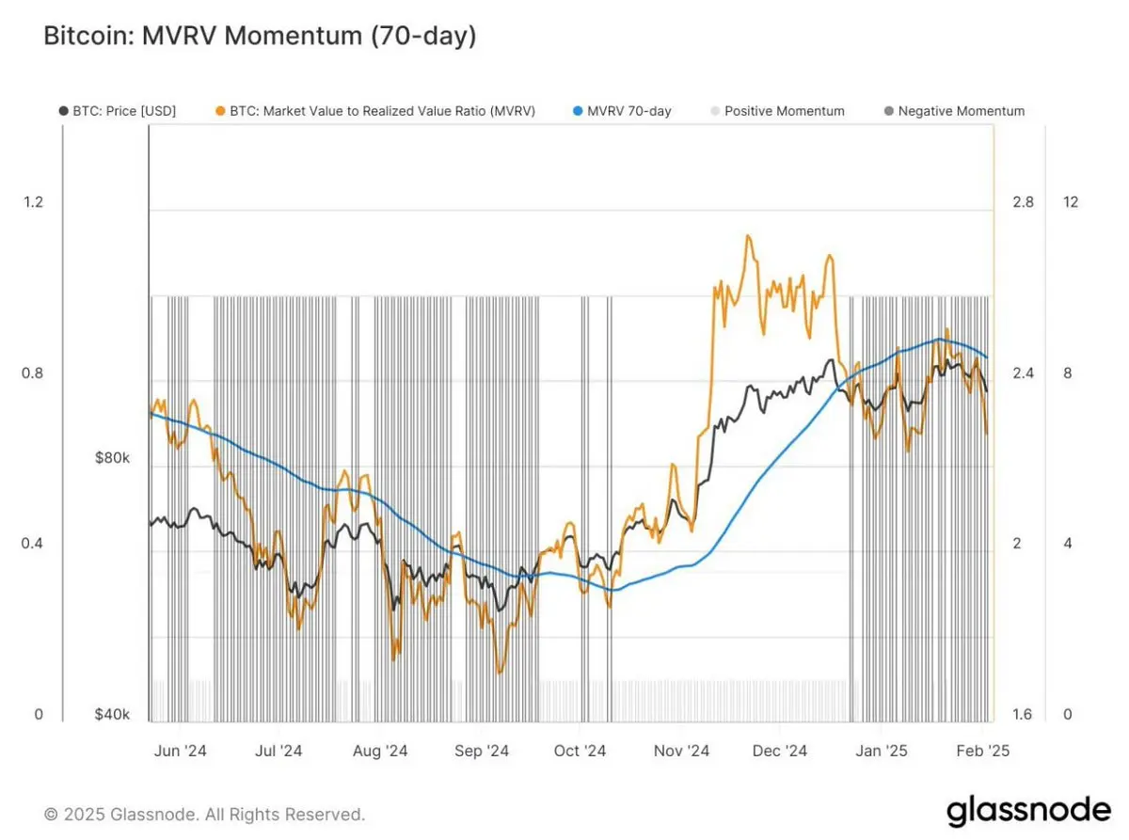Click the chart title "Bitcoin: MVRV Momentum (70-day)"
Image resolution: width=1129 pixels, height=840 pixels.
point(260,37)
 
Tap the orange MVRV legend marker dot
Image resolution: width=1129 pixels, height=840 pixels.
point(220,111)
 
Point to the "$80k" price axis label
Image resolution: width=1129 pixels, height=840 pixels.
point(113,458)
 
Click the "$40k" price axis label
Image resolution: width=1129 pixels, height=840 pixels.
point(113,715)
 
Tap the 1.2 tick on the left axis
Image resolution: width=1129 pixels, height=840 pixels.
point(33,202)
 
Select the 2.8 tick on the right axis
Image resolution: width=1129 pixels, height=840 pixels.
point(1023,202)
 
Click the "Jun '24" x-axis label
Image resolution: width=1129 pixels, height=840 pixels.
point(179,751)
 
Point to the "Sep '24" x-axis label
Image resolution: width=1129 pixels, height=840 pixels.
point(481,751)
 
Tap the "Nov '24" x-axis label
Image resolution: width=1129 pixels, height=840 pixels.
point(681,751)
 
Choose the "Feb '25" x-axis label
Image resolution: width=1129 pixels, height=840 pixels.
point(982,751)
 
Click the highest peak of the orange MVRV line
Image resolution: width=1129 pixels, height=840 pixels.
point(748,235)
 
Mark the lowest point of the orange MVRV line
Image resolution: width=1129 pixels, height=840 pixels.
point(499,673)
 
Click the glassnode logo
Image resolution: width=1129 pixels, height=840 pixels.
point(1028,810)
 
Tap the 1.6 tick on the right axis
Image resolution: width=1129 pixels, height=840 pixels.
point(1023,715)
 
